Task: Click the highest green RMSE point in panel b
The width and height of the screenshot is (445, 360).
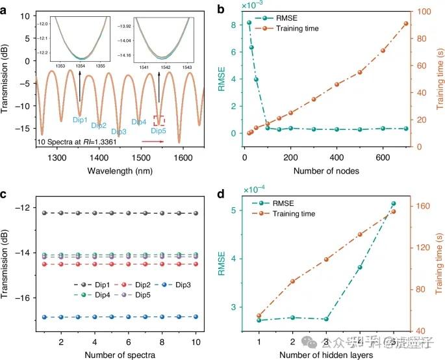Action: (x=249, y=23)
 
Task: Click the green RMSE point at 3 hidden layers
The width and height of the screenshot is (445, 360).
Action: (x=326, y=319)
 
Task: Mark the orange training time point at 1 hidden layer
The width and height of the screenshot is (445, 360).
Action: (x=259, y=315)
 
